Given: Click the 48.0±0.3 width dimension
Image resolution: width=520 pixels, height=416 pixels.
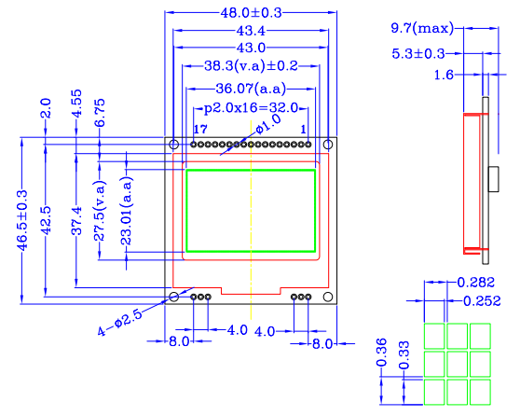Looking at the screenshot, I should pos(251,13).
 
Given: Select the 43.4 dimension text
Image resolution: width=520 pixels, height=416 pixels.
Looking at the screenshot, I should pos(251,31).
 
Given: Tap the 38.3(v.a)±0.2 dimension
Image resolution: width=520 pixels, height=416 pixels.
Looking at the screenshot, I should pos(251,66).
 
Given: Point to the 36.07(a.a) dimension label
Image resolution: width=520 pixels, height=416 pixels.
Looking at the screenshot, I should pos(251,90).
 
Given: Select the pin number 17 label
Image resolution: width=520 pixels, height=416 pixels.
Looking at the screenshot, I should pos(199,129).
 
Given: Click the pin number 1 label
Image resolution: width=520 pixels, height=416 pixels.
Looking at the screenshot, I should pos(304,129).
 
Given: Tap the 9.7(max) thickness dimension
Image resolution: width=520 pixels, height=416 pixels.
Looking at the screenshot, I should pos(422,29).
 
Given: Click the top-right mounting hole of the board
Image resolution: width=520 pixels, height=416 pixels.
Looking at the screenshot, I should pos(327,145).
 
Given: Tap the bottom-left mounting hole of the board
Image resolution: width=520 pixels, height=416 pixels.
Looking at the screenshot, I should pos(173,297).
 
